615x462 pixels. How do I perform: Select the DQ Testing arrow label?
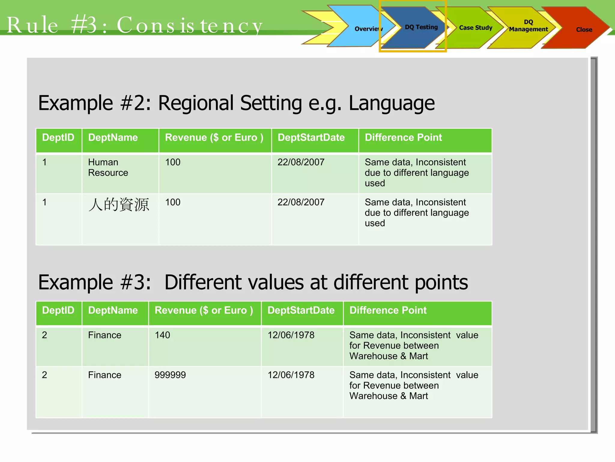click(421, 27)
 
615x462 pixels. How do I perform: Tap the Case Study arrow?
click(475, 28)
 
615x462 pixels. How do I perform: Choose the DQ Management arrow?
click(528, 26)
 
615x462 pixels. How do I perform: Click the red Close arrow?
click(584, 29)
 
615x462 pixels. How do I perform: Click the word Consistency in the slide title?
click(189, 25)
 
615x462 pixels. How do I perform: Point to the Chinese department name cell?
click(119, 205)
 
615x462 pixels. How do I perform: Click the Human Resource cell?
click(108, 167)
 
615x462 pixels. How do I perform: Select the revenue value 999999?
click(170, 375)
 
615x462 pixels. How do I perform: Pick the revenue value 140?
click(162, 335)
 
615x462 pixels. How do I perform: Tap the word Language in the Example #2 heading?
click(391, 103)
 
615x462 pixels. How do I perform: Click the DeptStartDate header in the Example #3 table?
click(301, 310)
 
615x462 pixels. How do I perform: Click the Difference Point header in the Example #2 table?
click(403, 137)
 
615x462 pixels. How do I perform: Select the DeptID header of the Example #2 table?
click(58, 137)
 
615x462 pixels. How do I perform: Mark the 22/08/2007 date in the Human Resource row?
click(301, 162)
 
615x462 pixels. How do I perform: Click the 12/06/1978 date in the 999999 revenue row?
click(291, 375)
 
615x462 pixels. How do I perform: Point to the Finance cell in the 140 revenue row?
click(105, 335)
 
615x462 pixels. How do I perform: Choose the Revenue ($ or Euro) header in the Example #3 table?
click(204, 310)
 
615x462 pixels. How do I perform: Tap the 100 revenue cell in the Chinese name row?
click(173, 202)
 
